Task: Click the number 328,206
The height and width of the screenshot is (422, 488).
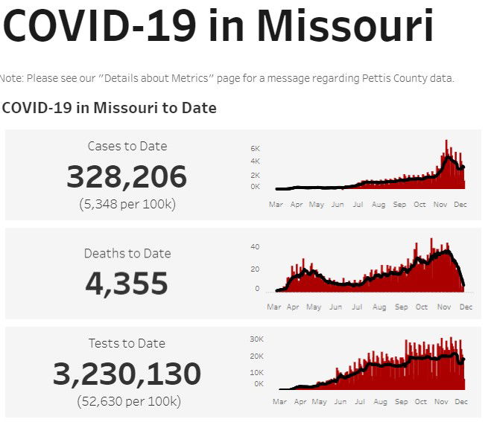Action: pos(127,177)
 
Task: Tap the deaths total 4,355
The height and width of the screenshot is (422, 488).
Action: pos(127,284)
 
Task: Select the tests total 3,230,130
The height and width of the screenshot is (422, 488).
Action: pos(127,374)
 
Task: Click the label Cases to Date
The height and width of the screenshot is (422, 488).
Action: pos(127,146)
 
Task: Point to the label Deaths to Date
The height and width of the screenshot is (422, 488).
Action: pos(127,253)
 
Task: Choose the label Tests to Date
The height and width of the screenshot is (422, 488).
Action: pos(127,343)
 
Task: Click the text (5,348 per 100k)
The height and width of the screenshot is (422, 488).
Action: pos(127,204)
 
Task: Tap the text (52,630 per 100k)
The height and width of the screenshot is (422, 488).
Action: pos(128,401)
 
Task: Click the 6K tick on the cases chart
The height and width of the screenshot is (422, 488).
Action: pos(255,149)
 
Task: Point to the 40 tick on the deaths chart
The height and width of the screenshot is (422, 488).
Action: pos(255,247)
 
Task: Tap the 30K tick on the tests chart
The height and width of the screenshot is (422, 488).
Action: pos(256,339)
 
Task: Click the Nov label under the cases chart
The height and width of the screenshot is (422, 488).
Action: pos(441,203)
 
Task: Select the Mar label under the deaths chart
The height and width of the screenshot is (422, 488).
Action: pos(275,307)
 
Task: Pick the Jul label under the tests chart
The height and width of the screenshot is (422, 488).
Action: pos(357,401)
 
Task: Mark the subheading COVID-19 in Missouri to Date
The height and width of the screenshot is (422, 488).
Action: pos(110,108)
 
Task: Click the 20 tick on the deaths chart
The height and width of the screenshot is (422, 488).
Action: pos(255,269)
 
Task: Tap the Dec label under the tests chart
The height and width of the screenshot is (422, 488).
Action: pos(461,401)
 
